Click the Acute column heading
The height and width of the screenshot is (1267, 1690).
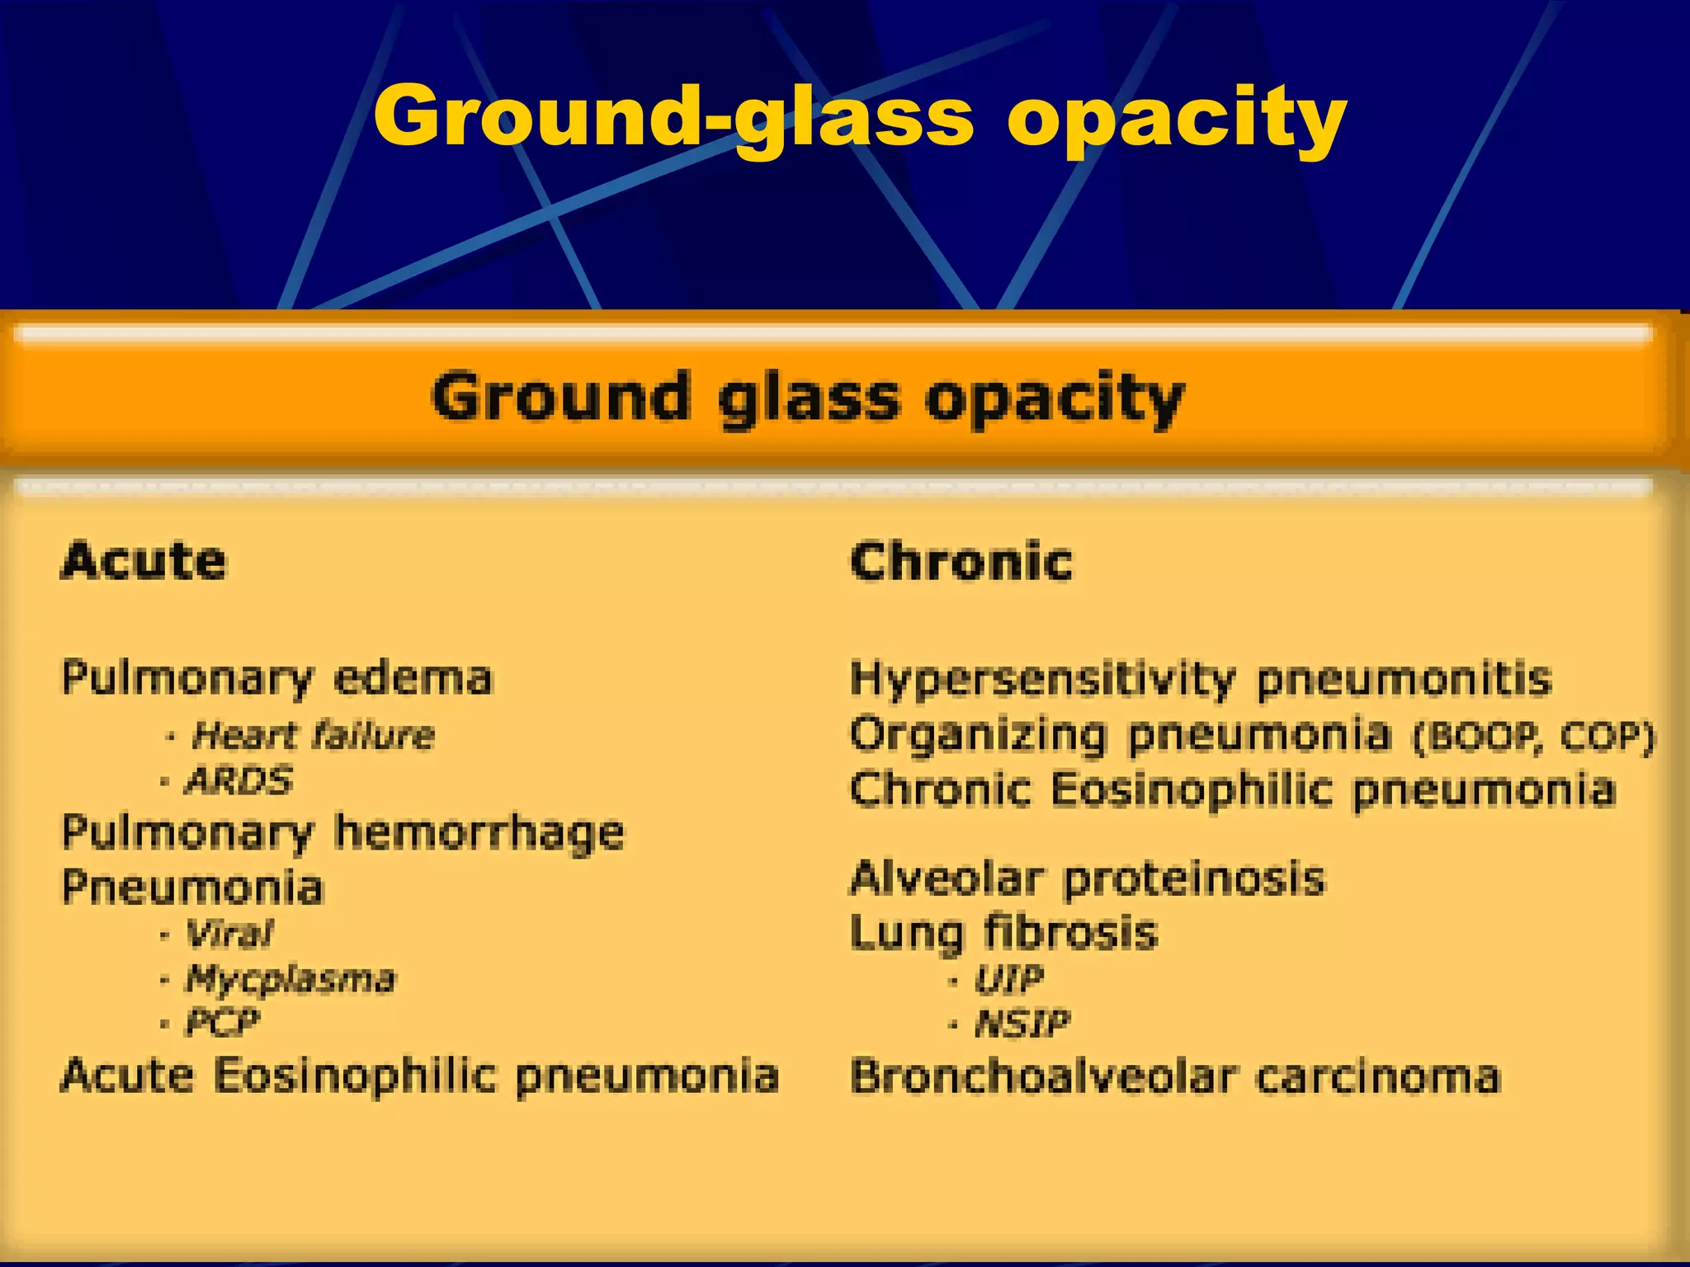tap(144, 562)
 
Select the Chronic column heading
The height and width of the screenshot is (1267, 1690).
tap(961, 562)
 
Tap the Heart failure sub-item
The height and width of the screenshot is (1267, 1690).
tap(312, 735)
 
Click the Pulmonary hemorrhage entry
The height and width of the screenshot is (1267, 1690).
tap(342, 833)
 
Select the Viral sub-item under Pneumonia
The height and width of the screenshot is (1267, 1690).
tap(229, 934)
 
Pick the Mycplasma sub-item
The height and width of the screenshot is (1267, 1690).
tap(290, 979)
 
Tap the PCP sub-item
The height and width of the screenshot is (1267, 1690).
tap(222, 1023)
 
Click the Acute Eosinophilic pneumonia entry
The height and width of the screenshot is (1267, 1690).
tap(419, 1076)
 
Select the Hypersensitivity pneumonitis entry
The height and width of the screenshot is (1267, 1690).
tap(1201, 680)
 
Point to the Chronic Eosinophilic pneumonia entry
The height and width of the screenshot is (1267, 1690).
tap(1232, 789)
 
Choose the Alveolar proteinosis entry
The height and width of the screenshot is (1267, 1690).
tap(1087, 878)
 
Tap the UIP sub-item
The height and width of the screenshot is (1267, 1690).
tap(1008, 980)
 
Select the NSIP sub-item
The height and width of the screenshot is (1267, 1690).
tap(1022, 1024)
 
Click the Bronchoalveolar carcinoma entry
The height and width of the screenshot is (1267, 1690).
tap(1175, 1077)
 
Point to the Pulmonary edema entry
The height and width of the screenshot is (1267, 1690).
tap(276, 679)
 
